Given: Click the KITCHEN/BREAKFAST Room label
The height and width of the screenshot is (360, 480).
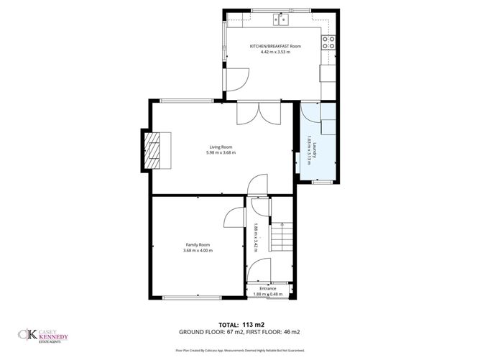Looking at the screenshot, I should point(275,46).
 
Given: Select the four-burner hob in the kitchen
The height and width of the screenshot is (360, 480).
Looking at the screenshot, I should point(329,42).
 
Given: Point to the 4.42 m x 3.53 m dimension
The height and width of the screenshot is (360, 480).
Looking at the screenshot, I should point(275,52).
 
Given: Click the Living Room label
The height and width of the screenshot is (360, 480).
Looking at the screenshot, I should point(221,147).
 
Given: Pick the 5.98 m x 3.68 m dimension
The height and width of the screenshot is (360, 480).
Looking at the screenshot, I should point(221,152).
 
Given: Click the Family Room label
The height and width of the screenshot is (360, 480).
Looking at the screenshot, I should point(198,244).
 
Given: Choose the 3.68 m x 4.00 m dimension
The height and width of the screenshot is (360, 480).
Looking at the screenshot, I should point(198,250).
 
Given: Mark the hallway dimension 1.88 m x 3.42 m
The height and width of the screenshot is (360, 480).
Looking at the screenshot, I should point(255,238).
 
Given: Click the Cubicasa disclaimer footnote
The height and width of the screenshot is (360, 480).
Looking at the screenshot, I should point(240,350).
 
